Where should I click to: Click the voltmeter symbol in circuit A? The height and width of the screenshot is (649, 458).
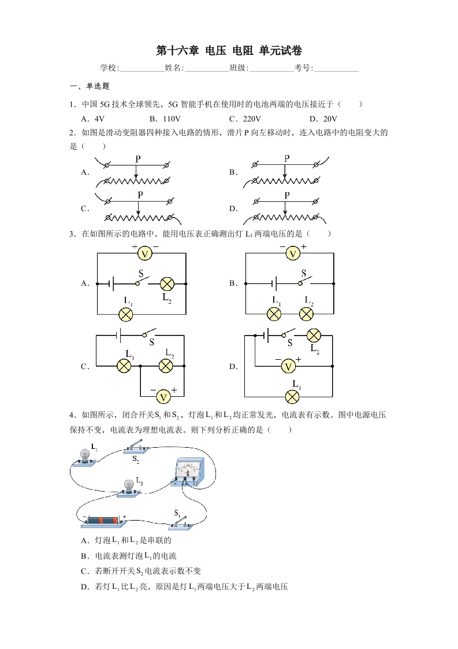pos(144,253)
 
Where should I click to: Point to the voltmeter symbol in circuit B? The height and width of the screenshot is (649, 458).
pos(293,253)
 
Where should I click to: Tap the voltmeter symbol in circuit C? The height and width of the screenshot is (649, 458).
pos(163,397)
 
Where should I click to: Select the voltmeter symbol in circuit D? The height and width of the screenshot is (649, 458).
pos(289,366)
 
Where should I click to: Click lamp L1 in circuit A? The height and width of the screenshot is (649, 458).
pos(126,315)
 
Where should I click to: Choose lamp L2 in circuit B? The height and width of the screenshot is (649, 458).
pos(306,314)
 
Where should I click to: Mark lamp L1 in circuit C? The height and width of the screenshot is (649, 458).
pos(124,366)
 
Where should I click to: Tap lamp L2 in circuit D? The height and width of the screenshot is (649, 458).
pos(314,335)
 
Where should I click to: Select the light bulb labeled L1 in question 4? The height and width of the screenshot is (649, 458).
pos(85,458)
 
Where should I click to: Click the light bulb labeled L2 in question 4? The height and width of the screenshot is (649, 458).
pos(129,488)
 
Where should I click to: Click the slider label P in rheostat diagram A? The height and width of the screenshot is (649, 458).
pos(138,158)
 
